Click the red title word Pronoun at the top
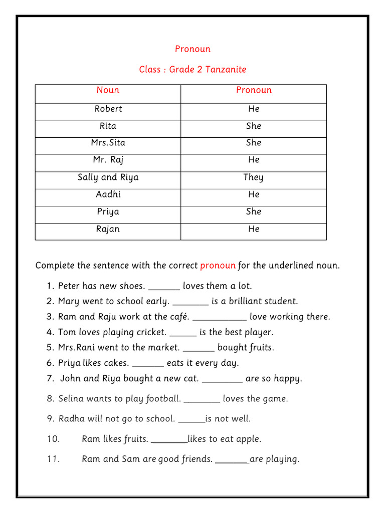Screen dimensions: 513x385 192,49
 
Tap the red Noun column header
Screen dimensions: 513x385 108,90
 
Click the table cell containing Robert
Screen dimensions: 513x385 108,109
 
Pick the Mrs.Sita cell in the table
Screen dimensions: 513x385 108,143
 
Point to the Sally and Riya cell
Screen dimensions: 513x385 108,177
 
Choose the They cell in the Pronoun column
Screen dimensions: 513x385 253,177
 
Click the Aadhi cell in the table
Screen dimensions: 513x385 108,194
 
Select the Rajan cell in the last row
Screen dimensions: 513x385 108,229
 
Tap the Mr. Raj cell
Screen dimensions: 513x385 108,160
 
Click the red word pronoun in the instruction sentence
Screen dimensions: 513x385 218,266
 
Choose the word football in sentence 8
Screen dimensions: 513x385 163,399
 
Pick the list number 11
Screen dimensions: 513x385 54,459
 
